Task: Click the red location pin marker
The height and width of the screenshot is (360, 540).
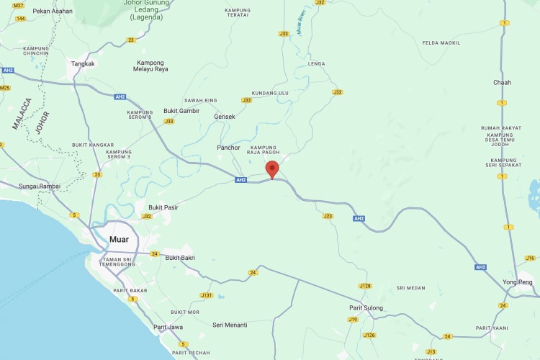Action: click(272, 169)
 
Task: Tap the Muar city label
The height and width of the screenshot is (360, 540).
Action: click(119, 239)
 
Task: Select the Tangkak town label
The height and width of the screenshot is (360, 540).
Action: click(83, 63)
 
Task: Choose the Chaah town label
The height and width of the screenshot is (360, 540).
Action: click(502, 82)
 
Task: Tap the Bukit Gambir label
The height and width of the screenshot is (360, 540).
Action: click(181, 111)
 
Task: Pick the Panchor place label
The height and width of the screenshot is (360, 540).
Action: click(228, 148)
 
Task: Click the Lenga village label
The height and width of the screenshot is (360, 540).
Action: click(316, 63)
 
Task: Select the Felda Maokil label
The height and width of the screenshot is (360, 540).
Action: click(441, 42)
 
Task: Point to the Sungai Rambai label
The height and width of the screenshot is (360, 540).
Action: click(40, 186)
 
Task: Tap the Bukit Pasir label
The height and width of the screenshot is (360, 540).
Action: click(163, 207)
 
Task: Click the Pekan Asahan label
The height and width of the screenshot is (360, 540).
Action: click(53, 11)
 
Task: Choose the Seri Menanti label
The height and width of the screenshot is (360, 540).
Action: click(230, 325)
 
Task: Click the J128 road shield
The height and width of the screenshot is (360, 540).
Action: click(365, 286)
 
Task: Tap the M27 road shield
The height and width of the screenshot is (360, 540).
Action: click(19, 5)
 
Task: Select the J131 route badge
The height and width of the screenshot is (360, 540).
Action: click(207, 295)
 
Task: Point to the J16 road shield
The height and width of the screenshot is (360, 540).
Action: click(531, 258)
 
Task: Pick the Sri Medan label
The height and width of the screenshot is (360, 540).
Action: click(411, 288)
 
